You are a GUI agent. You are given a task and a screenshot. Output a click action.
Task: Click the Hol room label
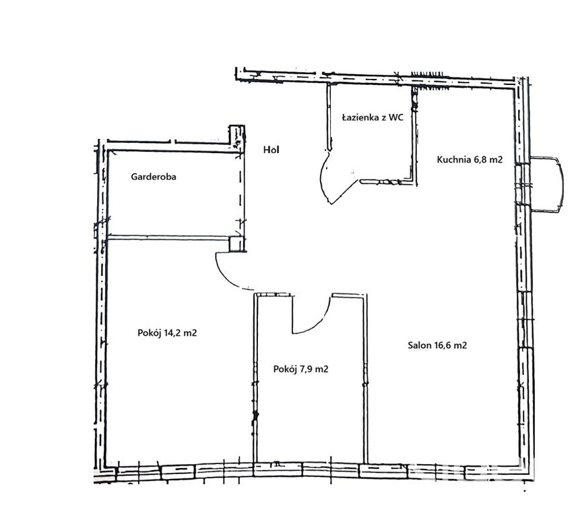point(271,150)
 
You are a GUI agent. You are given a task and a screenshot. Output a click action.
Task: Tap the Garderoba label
point(154,177)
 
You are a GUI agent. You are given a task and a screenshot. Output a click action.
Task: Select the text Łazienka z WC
point(373,117)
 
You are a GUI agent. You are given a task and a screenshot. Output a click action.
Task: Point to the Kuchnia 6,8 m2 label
point(470,160)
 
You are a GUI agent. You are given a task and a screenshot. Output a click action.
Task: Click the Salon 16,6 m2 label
point(437,345)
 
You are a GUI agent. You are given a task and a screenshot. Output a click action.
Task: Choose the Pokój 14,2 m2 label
point(167,333)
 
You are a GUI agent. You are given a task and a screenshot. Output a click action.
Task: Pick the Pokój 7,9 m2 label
point(300,369)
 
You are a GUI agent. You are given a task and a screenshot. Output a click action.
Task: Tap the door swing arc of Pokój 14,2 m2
point(225,276)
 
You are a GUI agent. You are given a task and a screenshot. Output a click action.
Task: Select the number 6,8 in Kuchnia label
point(481,160)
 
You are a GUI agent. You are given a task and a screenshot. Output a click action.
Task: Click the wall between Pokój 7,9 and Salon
point(365,378)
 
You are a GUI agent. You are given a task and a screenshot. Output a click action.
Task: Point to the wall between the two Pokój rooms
point(255,378)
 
